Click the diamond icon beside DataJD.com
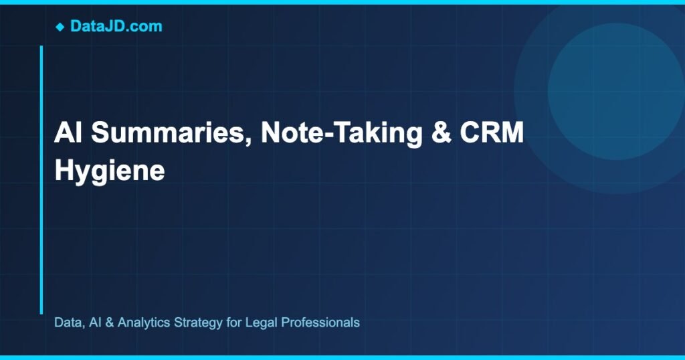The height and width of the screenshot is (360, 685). (60, 27)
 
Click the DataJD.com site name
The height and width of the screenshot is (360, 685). (116, 27)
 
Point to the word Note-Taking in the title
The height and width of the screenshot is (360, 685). (341, 133)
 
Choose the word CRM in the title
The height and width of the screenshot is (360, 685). (492, 133)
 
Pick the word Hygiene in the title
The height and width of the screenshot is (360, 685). (109, 171)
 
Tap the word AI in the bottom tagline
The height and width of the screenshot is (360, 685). (95, 323)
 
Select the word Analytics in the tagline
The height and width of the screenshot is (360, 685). (143, 323)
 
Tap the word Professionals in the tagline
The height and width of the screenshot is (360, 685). (320, 323)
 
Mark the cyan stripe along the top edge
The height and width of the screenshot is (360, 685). (342, 2)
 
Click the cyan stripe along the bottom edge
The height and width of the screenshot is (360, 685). (342, 357)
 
